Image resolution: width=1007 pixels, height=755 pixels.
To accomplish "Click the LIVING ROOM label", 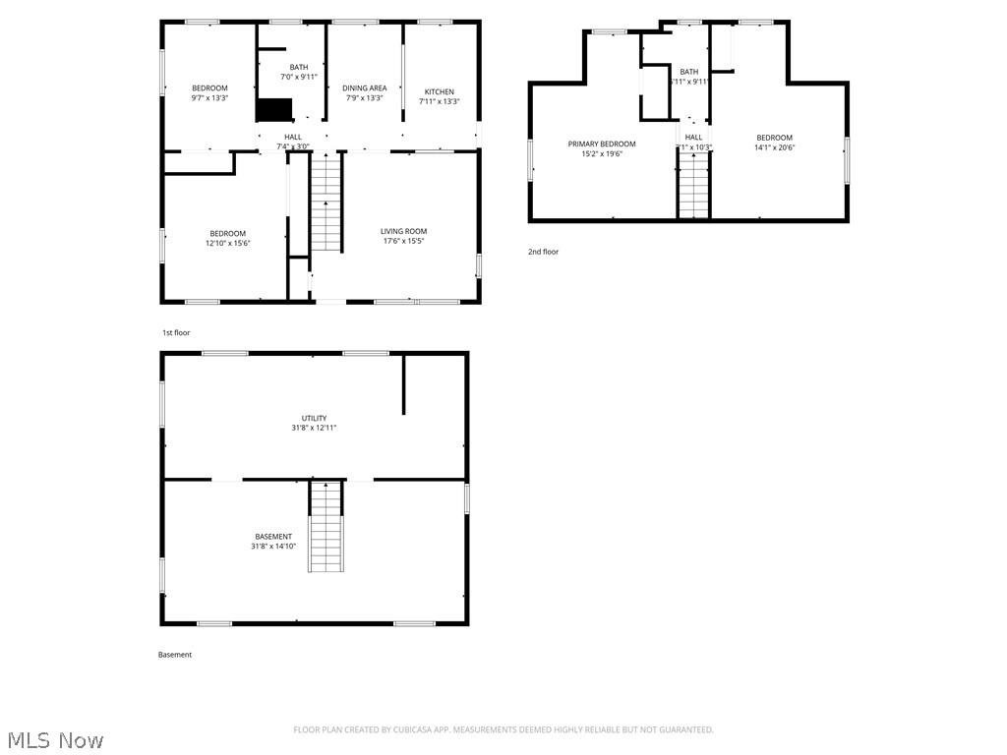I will point(404,232).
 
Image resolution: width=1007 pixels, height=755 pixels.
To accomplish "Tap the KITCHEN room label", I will point(439,91).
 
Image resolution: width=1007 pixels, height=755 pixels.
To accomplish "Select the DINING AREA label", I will point(364,88).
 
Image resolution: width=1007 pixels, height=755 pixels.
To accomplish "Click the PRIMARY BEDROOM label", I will point(602,145).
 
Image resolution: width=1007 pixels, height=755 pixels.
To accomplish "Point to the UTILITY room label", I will point(315,419).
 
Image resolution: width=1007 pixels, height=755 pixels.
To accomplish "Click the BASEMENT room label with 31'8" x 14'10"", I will point(273,537).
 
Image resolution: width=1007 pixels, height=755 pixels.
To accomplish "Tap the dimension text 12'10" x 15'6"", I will point(228,243).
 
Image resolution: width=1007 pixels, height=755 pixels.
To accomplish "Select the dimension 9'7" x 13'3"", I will point(209,98).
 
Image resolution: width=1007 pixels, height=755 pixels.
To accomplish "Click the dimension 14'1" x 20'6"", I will point(774,147).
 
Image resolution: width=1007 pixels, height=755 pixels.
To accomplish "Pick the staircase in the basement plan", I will point(326,527).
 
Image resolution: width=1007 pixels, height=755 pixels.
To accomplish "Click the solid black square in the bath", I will point(274,110).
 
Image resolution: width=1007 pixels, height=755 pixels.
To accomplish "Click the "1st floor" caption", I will point(176,333).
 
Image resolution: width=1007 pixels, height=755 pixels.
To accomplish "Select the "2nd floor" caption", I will point(543,252).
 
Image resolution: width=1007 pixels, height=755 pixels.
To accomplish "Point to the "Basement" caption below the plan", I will point(175,655).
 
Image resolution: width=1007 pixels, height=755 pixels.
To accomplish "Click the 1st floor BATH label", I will point(299,67).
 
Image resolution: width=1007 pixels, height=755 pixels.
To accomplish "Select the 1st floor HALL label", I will point(293,137).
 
